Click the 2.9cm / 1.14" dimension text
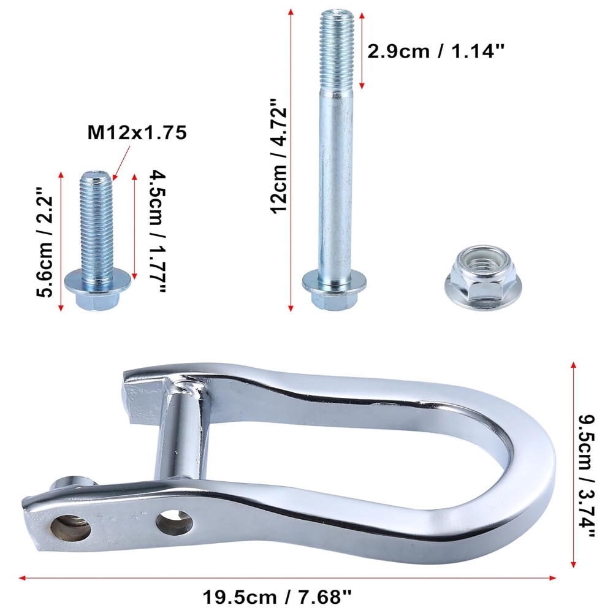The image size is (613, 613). click(435, 51)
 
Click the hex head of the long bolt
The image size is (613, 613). click(333, 298)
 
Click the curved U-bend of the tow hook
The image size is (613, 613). click(527, 466)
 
